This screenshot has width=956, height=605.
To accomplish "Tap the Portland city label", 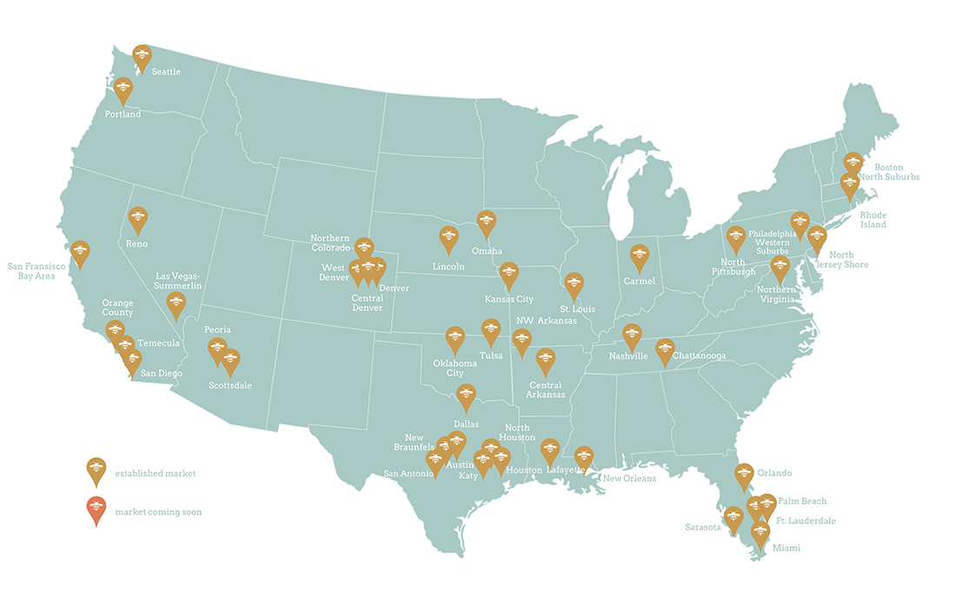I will (x=123, y=114).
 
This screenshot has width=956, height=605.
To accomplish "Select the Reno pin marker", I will (x=137, y=219).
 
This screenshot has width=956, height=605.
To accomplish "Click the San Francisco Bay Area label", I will (x=43, y=270).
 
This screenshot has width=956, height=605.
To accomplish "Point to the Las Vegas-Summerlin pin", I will (x=176, y=304).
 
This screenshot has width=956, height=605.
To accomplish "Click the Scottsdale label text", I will (x=229, y=385).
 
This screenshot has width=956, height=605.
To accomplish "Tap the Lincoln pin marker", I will (x=448, y=238).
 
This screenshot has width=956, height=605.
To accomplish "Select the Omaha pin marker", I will (x=487, y=223).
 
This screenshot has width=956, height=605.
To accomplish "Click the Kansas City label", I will (x=508, y=299).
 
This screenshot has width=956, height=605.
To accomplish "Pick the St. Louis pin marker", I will (x=574, y=284).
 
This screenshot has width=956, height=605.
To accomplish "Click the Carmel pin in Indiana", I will (x=640, y=256).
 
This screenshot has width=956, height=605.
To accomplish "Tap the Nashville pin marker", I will (x=632, y=335).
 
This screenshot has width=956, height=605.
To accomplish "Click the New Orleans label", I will (x=630, y=478).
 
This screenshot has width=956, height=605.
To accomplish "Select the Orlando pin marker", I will (x=744, y=475).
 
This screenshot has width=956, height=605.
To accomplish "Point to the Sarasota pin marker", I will (x=734, y=518).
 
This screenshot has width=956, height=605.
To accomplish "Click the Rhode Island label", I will (x=873, y=219).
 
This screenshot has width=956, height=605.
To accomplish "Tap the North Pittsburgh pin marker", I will (x=736, y=238).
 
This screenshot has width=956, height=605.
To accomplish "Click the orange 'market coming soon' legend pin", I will (x=96, y=509).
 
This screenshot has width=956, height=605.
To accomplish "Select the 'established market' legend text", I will (x=155, y=474).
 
